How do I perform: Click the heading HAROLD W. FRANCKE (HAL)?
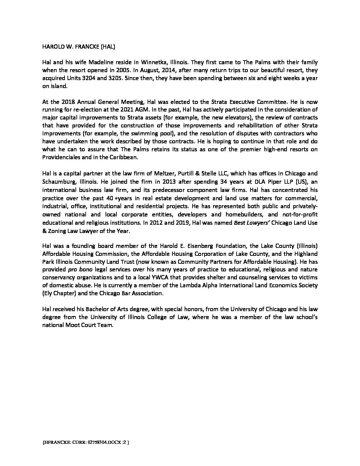point(78,47)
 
